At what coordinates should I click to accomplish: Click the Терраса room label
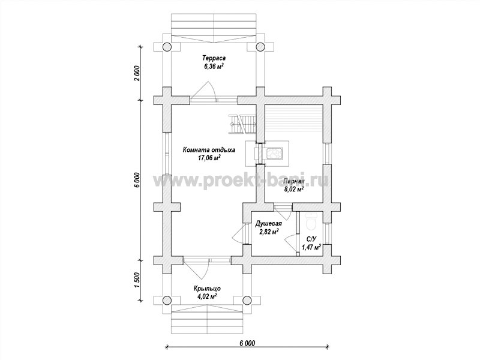click(214, 58)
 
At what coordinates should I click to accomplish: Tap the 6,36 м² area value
click(214, 65)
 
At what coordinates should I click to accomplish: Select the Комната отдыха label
click(209, 150)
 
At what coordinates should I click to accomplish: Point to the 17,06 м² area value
click(209, 158)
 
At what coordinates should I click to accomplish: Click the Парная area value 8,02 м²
click(294, 189)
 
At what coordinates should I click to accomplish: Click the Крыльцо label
click(207, 289)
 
